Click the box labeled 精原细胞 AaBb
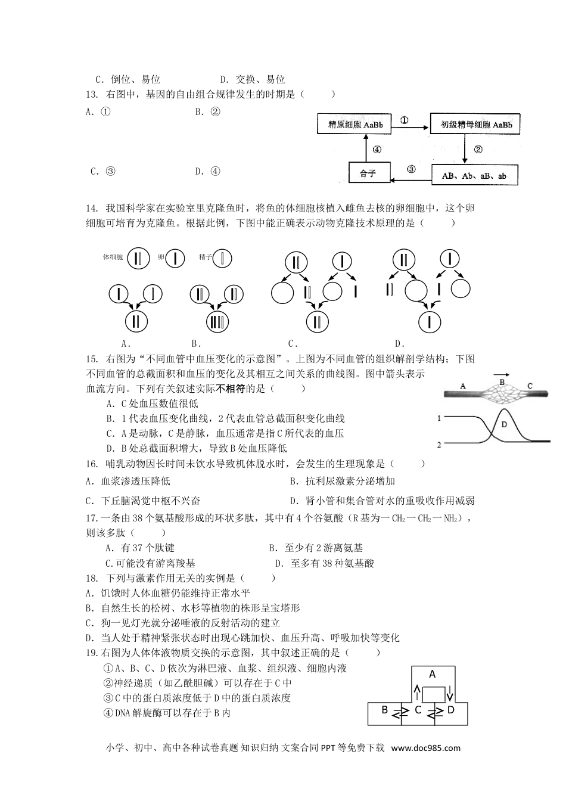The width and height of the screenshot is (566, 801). pos(355,125)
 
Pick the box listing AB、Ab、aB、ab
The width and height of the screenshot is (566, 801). pos(474,176)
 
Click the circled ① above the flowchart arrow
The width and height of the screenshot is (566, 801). pos(404,120)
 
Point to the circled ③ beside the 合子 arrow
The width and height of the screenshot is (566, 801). pos(410,169)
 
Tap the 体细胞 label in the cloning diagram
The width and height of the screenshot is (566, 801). pos(113,257)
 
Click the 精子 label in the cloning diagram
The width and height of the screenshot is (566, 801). pos(206,257)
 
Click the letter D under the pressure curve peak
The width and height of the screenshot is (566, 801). pos(503,425)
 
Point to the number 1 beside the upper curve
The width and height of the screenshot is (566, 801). pos(439,418)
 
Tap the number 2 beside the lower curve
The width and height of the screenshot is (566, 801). pos(439,445)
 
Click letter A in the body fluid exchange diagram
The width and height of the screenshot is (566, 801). pos(433,674)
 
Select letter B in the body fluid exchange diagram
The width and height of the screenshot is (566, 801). pos(385,709)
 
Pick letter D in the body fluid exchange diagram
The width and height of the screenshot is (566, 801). pos(450,709)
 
